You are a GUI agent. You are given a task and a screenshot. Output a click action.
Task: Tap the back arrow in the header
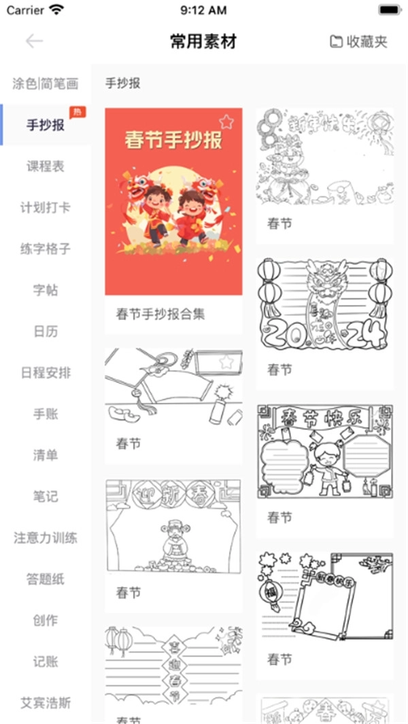click(x=34, y=41)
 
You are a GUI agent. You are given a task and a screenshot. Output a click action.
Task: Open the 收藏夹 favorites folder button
click(x=358, y=41)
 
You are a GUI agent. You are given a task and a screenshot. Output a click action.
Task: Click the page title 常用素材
click(x=203, y=41)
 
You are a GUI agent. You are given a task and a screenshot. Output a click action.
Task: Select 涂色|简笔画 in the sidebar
click(x=46, y=84)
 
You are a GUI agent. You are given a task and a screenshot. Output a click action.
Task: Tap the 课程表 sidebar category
click(x=46, y=166)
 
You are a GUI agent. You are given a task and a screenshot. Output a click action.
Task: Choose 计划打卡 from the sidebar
click(x=46, y=208)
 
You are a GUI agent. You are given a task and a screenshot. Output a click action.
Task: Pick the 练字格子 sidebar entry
click(x=46, y=249)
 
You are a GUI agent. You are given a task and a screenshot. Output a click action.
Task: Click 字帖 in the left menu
click(x=46, y=291)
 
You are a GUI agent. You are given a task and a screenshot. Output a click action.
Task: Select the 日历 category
click(x=46, y=332)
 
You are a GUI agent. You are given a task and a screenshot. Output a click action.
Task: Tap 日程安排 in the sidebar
click(x=46, y=373)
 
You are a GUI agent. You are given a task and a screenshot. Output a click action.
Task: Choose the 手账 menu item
click(x=46, y=414)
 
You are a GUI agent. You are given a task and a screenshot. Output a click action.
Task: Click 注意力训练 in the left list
click(x=46, y=538)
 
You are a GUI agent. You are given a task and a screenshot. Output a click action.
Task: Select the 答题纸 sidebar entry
click(x=46, y=579)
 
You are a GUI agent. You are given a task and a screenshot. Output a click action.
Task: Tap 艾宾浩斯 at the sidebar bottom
click(x=46, y=702)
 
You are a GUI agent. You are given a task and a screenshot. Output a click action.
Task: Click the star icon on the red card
click(x=226, y=122)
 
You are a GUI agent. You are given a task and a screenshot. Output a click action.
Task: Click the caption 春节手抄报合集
click(x=160, y=314)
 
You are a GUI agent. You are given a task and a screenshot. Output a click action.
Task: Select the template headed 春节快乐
click(x=324, y=452)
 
